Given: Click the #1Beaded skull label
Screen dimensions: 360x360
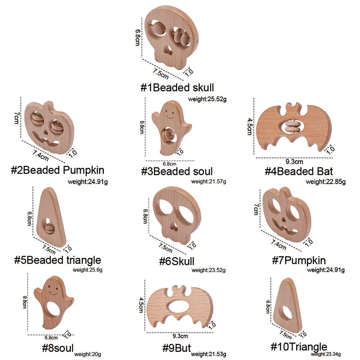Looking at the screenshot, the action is coord(177,87).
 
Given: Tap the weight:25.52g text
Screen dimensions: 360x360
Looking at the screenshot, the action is coord(207,98).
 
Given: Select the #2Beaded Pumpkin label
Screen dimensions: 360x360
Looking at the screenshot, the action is coord(57,170).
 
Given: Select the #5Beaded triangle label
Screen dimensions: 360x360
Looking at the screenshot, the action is coord(57,260).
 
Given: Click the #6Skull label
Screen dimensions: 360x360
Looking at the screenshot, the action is coord(177,261).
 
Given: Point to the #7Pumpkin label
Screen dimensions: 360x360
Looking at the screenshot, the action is coord(299,260).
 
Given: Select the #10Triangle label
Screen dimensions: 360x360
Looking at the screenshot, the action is coord(298,347).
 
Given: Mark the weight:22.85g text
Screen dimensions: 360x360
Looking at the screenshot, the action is coord(326,182).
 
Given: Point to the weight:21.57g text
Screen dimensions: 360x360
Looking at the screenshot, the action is coord(208,182).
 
